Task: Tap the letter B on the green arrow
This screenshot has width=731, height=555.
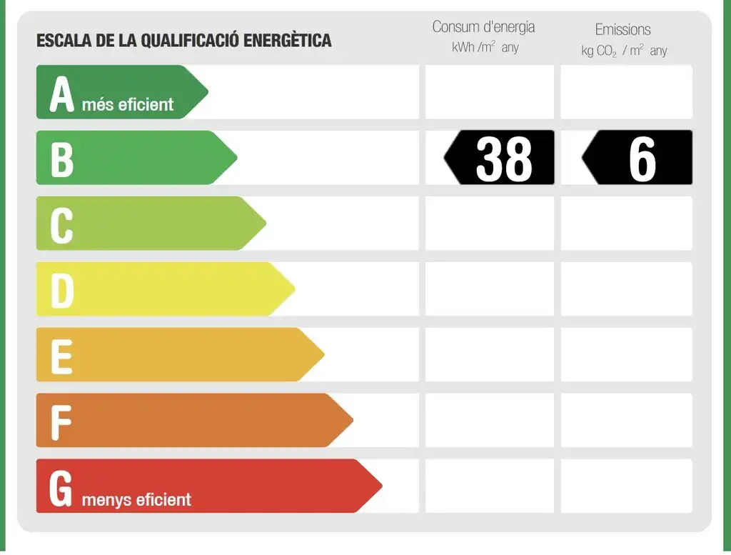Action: click(62, 159)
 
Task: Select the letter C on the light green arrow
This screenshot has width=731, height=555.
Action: click(61, 226)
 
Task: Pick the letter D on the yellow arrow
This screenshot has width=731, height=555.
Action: click(62, 291)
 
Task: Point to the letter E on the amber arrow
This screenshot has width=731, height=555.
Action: click(61, 357)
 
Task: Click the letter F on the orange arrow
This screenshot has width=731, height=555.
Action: click(61, 423)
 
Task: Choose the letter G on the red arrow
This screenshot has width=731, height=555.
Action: click(61, 488)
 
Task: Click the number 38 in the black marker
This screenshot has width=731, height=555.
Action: click(504, 159)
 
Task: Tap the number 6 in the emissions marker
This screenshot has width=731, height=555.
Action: click(642, 159)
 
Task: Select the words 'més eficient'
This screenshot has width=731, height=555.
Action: click(128, 104)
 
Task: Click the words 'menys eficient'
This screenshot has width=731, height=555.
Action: click(136, 500)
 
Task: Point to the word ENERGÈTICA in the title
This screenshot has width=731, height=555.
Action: click(287, 40)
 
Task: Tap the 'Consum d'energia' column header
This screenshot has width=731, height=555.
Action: click(483, 27)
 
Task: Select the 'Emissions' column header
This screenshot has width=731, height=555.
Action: click(622, 29)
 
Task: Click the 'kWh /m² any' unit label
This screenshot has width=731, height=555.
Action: click(485, 47)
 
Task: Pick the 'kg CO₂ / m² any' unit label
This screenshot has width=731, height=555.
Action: click(624, 51)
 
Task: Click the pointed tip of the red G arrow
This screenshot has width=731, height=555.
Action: click(383, 486)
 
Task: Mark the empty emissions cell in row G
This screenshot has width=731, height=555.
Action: click(627, 486)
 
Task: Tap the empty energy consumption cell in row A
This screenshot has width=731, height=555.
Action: click(490, 92)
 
